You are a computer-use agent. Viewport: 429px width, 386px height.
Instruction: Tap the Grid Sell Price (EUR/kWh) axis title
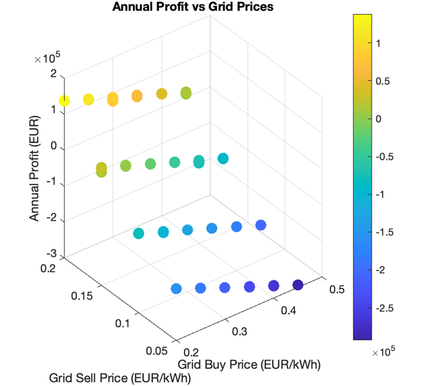pyautogui.click(x=120, y=379)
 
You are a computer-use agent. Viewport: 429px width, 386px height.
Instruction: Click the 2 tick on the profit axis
pyautogui.click(x=53, y=74)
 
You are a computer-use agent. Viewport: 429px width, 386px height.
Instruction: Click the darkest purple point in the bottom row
pyautogui.click(x=298, y=286)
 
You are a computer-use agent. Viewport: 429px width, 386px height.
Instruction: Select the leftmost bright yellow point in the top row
pyautogui.click(x=64, y=101)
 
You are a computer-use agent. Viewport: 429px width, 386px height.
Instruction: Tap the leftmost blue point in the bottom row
pyautogui.click(x=176, y=289)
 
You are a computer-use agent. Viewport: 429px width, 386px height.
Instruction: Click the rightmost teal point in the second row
pyautogui.click(x=223, y=159)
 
